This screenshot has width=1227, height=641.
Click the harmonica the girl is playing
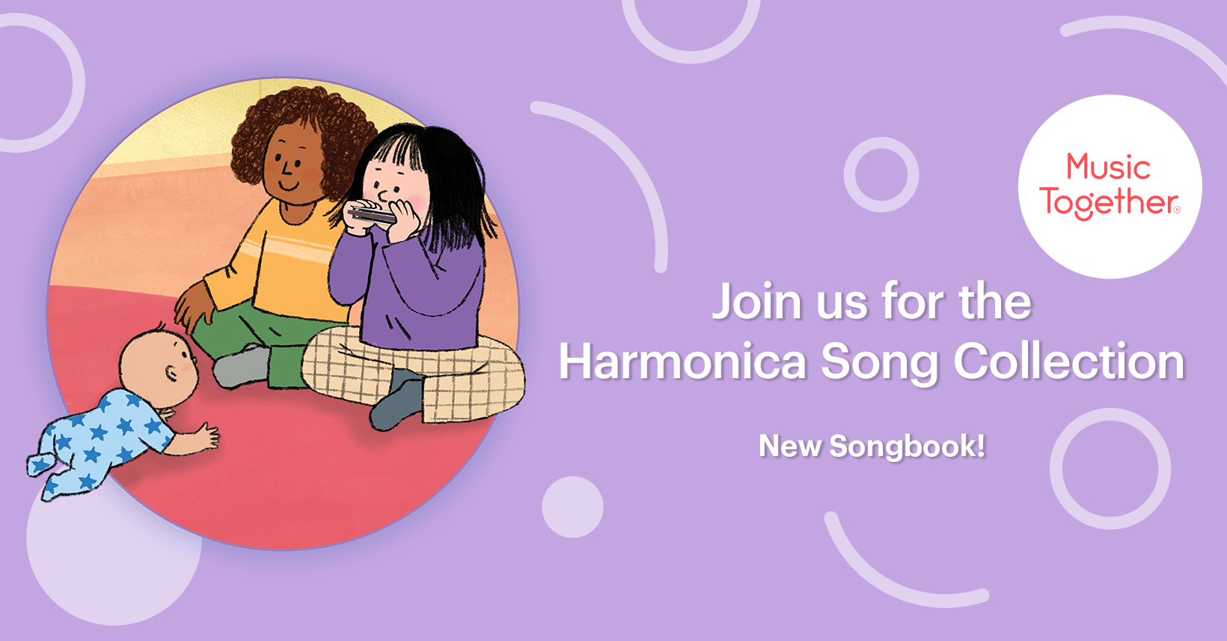373,215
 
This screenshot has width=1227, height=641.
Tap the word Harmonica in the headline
682,362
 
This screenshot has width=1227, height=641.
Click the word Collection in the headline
1068,362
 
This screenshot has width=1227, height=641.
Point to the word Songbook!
907,446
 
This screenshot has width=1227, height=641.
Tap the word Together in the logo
1110,202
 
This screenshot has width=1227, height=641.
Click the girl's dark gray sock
397,401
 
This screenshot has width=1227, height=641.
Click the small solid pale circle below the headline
572,507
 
